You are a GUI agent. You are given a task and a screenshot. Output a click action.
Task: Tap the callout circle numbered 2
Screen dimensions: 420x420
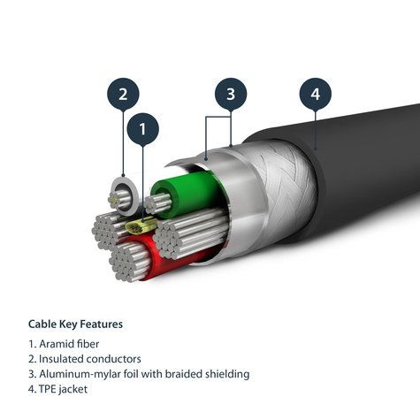click(x=123, y=94)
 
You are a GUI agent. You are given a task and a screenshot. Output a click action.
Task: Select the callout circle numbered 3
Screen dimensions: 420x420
click(x=230, y=94)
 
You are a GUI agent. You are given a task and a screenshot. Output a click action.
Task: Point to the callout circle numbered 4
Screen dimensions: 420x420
click(x=314, y=93)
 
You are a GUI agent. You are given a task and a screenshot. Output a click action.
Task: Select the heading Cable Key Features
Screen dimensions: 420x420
click(x=75, y=325)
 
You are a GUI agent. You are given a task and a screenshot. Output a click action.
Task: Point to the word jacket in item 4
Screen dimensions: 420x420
click(x=78, y=389)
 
